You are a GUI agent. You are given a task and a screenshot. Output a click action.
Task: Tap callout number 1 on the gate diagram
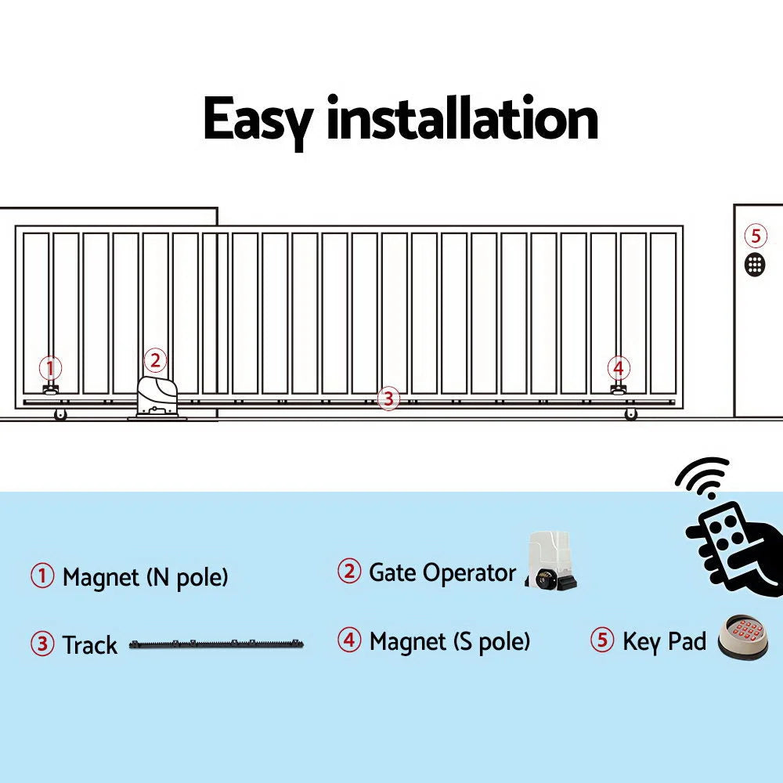coord(51,367)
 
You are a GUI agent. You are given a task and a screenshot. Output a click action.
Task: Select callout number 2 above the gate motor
coord(155,360)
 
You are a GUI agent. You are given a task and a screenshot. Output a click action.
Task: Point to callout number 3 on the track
coord(388,399)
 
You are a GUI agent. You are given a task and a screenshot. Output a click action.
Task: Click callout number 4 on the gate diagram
coord(619,367)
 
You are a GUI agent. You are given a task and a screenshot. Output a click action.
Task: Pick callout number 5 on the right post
coord(755,235)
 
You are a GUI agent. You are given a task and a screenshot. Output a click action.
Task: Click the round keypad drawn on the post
coord(755,263)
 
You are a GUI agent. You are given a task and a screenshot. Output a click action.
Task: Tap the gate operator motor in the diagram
coord(159,396)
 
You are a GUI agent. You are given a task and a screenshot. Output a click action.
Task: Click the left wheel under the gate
coord(60,414)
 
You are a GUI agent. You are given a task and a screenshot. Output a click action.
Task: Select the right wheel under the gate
coord(631,414)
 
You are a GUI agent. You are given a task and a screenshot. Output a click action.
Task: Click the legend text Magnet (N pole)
coord(145,578)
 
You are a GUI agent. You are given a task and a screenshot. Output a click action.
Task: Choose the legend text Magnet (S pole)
coord(449,642)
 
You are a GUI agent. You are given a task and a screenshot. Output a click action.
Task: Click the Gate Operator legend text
coord(442,572)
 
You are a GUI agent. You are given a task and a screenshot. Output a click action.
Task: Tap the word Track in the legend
coord(89,645)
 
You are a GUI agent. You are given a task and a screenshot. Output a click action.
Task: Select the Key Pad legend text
coord(664,641)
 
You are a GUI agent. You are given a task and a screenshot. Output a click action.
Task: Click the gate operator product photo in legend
coord(552,561)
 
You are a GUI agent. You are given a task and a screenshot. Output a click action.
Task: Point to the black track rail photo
coord(216,645)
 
